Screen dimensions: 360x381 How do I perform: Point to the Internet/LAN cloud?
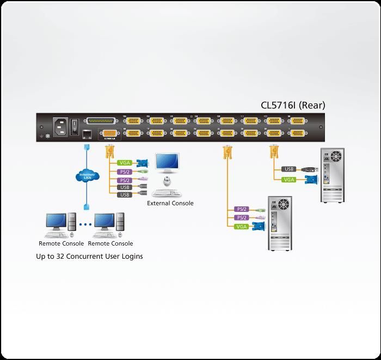click(x=86, y=176)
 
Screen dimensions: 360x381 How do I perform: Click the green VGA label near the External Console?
click(x=124, y=163)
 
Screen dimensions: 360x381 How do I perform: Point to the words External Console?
click(x=170, y=204)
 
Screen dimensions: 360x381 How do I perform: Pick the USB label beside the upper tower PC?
click(x=290, y=169)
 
